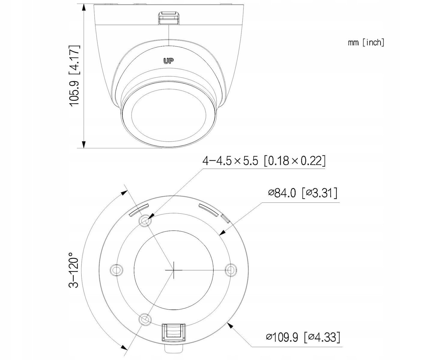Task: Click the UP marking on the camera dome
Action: click(x=168, y=61)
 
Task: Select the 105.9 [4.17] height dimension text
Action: click(x=74, y=76)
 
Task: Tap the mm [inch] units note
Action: click(x=366, y=42)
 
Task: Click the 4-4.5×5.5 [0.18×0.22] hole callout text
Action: click(x=264, y=161)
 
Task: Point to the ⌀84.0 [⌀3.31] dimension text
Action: click(x=303, y=193)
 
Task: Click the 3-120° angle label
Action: click(x=74, y=270)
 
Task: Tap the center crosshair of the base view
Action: click(x=174, y=270)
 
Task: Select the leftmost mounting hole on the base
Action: click(x=116, y=270)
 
